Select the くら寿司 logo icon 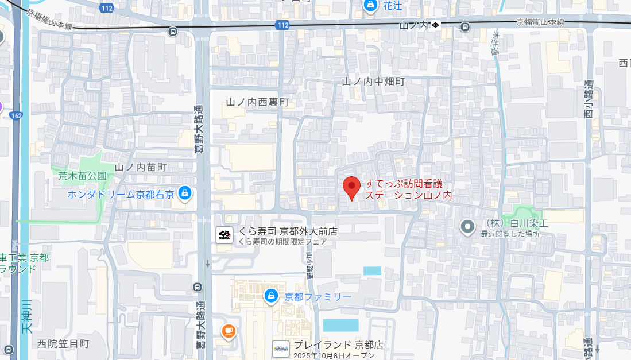[224, 234]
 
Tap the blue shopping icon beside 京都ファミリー [270, 296]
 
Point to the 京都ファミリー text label [318, 297]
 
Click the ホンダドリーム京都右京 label [121, 193]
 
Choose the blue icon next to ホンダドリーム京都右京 [185, 193]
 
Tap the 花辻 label [393, 6]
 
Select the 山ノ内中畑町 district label [373, 82]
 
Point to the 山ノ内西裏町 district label [257, 102]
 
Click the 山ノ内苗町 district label [141, 167]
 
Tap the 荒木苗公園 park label [83, 176]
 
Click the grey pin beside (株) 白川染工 [468, 227]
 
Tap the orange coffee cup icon [229, 331]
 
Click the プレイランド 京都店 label [338, 345]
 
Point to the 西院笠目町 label [63, 344]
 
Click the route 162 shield [16, 115]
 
